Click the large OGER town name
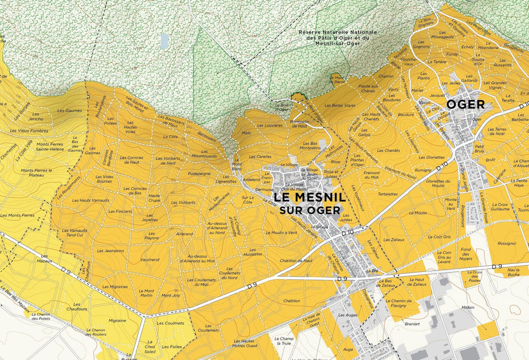(x=465, y=104)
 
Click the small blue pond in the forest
(x=165, y=41)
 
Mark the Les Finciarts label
(x=120, y=211)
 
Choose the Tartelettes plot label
(x=388, y=194)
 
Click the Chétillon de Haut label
(x=296, y=261)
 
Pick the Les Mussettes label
(x=253, y=254)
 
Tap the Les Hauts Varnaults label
(x=91, y=200)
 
